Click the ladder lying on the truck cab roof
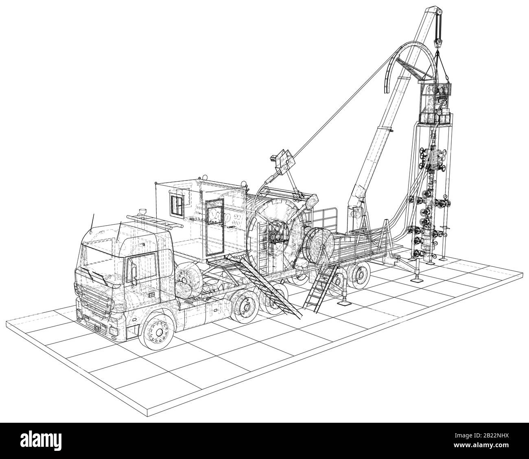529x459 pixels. (x=155, y=222)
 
